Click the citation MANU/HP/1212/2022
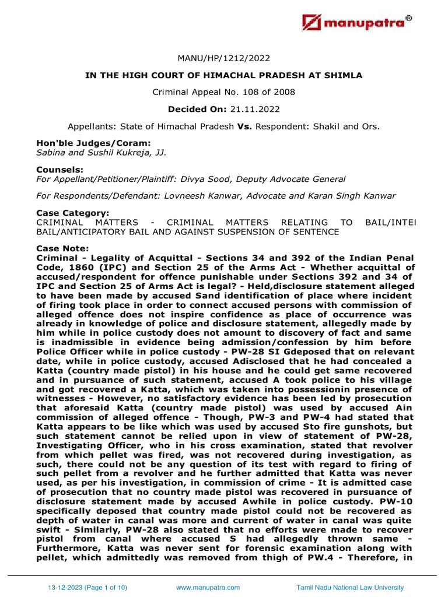coord(224,58)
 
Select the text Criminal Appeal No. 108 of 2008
coord(224,92)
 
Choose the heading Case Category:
coord(72,213)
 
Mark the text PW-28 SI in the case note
coord(57,352)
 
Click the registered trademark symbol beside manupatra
coord(409,18)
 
